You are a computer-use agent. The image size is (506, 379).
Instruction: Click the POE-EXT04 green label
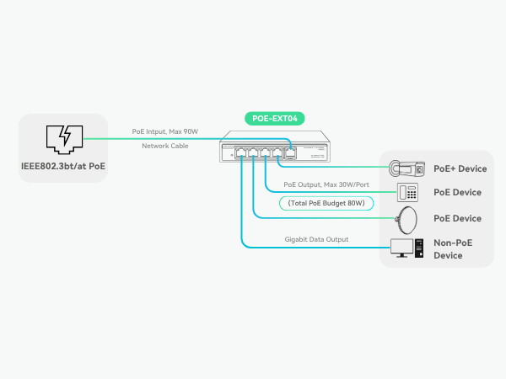273,119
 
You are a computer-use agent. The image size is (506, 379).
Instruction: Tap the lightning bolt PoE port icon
63,137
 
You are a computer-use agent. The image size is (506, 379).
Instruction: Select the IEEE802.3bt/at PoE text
63,165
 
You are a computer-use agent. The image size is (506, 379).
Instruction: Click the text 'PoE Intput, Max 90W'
164,131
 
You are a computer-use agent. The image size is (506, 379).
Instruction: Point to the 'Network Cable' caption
165,146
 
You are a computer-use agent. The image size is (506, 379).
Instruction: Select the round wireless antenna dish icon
408,219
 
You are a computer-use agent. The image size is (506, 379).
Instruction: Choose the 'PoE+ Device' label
460,168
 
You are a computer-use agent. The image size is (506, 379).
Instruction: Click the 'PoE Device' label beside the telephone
457,192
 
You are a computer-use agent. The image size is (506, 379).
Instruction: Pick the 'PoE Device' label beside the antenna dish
457,218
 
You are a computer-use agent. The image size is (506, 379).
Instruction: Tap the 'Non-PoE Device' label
454,248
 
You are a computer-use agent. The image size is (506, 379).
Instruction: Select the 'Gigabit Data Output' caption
316,239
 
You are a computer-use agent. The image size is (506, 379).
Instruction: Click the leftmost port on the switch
241,153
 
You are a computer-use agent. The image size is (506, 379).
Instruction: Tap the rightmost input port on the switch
290,153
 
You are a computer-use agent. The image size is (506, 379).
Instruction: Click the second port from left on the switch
253,153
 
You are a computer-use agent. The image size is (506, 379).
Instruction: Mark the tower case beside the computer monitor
417,248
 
